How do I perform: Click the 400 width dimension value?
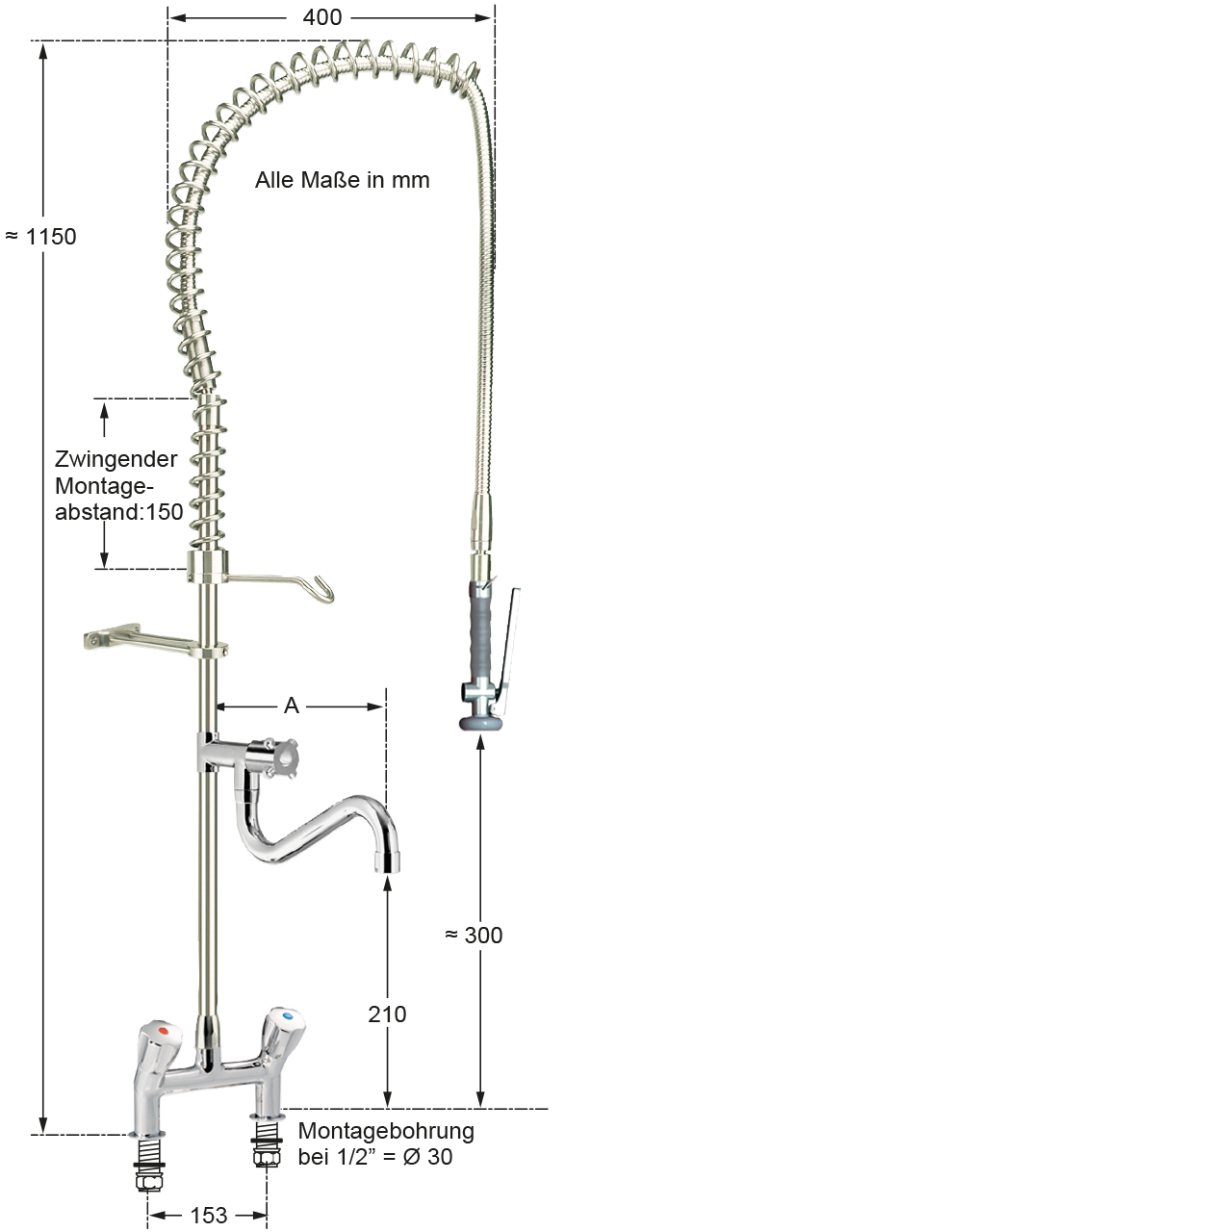click(x=322, y=17)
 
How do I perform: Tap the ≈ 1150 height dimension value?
click(x=41, y=237)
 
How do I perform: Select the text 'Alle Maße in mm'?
click(x=342, y=180)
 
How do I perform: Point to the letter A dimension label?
click(x=292, y=706)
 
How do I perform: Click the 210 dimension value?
click(x=387, y=1014)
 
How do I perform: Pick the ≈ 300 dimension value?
click(x=474, y=935)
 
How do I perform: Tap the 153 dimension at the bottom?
click(x=209, y=1215)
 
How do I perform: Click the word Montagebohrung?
click(x=386, y=1130)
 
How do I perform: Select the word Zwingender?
click(x=115, y=459)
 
